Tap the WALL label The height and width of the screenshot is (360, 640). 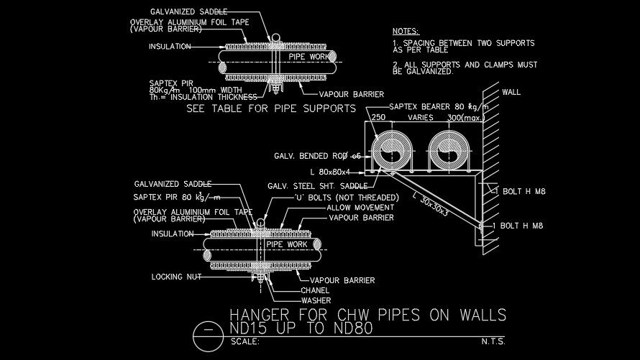(511, 92)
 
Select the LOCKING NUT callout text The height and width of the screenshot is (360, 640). (176, 276)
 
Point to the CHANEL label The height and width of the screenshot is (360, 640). (315, 290)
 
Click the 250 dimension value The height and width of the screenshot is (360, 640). (378, 116)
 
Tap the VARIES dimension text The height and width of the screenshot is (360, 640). (420, 116)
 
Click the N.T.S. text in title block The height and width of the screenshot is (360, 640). (493, 342)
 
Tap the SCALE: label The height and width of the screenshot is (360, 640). (244, 342)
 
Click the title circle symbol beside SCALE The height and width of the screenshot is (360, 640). (209, 331)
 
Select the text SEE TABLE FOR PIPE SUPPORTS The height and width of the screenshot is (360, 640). (271, 109)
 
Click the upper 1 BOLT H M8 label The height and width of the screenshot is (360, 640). (517, 190)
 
